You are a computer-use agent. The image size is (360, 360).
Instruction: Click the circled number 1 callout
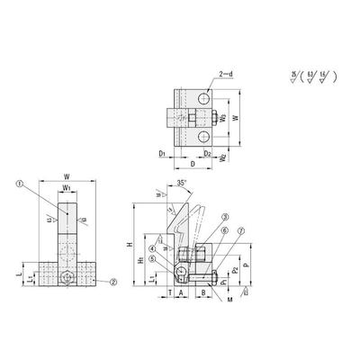point(18,184)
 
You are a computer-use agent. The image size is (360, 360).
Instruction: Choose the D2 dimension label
point(206,155)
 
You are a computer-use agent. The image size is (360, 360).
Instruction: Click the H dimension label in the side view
point(130,245)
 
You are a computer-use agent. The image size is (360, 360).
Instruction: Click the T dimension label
point(168,292)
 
